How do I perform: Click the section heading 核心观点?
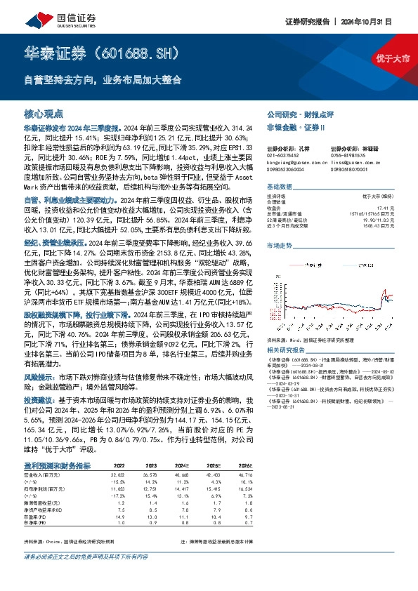[44, 112]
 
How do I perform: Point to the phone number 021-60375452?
[283, 155]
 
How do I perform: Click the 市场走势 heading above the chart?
[279, 245]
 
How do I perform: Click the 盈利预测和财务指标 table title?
[57, 465]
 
